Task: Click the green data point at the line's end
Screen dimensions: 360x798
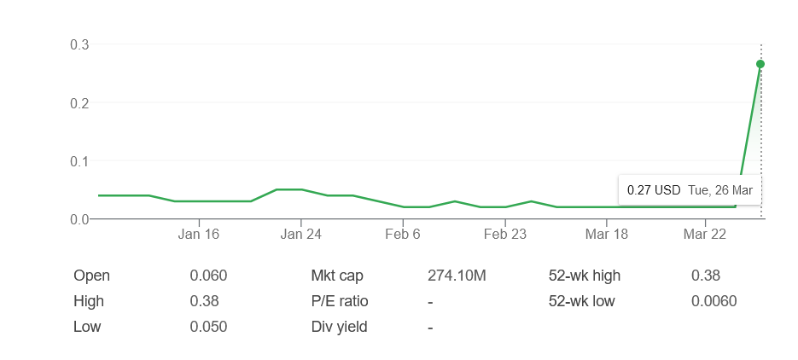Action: [760, 64]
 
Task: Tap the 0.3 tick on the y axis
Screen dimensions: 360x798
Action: [79, 44]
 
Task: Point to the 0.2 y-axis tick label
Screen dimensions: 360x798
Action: [79, 102]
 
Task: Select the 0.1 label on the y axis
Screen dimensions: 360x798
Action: [79, 160]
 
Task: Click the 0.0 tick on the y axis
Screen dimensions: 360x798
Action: [79, 219]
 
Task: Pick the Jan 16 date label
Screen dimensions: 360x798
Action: [199, 234]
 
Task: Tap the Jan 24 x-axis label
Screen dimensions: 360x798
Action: [301, 234]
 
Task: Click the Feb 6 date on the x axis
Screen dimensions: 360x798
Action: [403, 234]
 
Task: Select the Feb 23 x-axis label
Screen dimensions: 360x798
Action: [505, 234]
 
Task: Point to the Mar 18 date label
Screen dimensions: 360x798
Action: [607, 234]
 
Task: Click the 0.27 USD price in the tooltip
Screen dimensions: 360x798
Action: [654, 190]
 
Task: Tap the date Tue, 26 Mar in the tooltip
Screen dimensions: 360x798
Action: [720, 190]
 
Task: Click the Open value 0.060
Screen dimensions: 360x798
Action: [208, 276]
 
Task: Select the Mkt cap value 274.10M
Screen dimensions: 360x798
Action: [457, 276]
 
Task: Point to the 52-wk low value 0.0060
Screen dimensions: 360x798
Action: [714, 301]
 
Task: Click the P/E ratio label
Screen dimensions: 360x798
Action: [340, 301]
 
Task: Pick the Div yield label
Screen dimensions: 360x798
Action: [339, 327]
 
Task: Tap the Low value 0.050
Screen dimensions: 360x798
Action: [208, 327]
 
